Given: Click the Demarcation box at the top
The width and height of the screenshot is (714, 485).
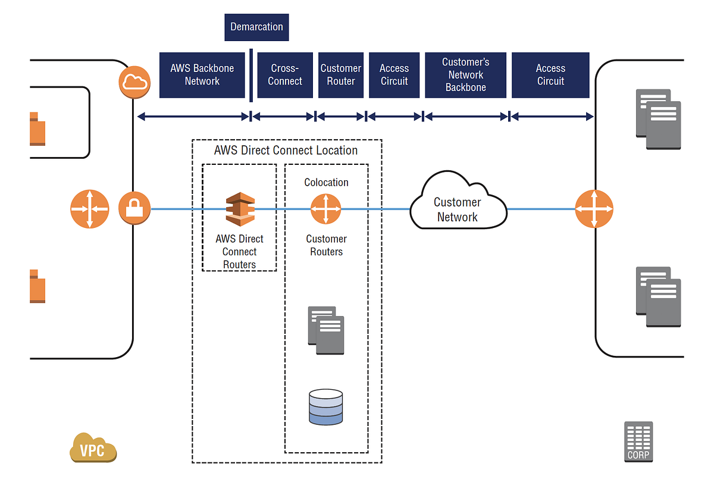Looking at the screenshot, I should [256, 27].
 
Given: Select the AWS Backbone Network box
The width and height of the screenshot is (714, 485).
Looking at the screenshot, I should [202, 75].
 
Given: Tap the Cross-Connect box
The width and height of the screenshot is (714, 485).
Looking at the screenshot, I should [285, 75].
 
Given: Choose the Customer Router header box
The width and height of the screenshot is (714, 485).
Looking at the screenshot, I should [341, 75].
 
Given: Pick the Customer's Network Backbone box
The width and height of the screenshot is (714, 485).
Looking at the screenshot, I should [465, 75].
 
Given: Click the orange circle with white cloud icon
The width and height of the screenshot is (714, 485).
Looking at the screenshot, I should [134, 82].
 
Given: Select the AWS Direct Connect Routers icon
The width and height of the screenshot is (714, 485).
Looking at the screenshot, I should [240, 209].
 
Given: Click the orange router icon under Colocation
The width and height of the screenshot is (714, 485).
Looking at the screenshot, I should [326, 209].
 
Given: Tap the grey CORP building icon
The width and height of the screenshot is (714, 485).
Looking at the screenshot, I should [638, 442].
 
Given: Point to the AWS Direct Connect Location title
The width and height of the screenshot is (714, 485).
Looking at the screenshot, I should [286, 151].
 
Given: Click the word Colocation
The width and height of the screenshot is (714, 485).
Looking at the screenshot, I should [326, 183].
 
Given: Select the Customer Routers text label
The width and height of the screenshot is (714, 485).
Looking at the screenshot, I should [326, 245].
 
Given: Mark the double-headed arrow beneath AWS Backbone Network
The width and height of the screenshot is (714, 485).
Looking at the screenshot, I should [193, 117].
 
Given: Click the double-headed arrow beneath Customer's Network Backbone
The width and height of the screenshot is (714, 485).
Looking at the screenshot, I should [466, 117].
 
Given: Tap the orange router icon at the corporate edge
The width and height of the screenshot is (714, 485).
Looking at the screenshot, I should [594, 209].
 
